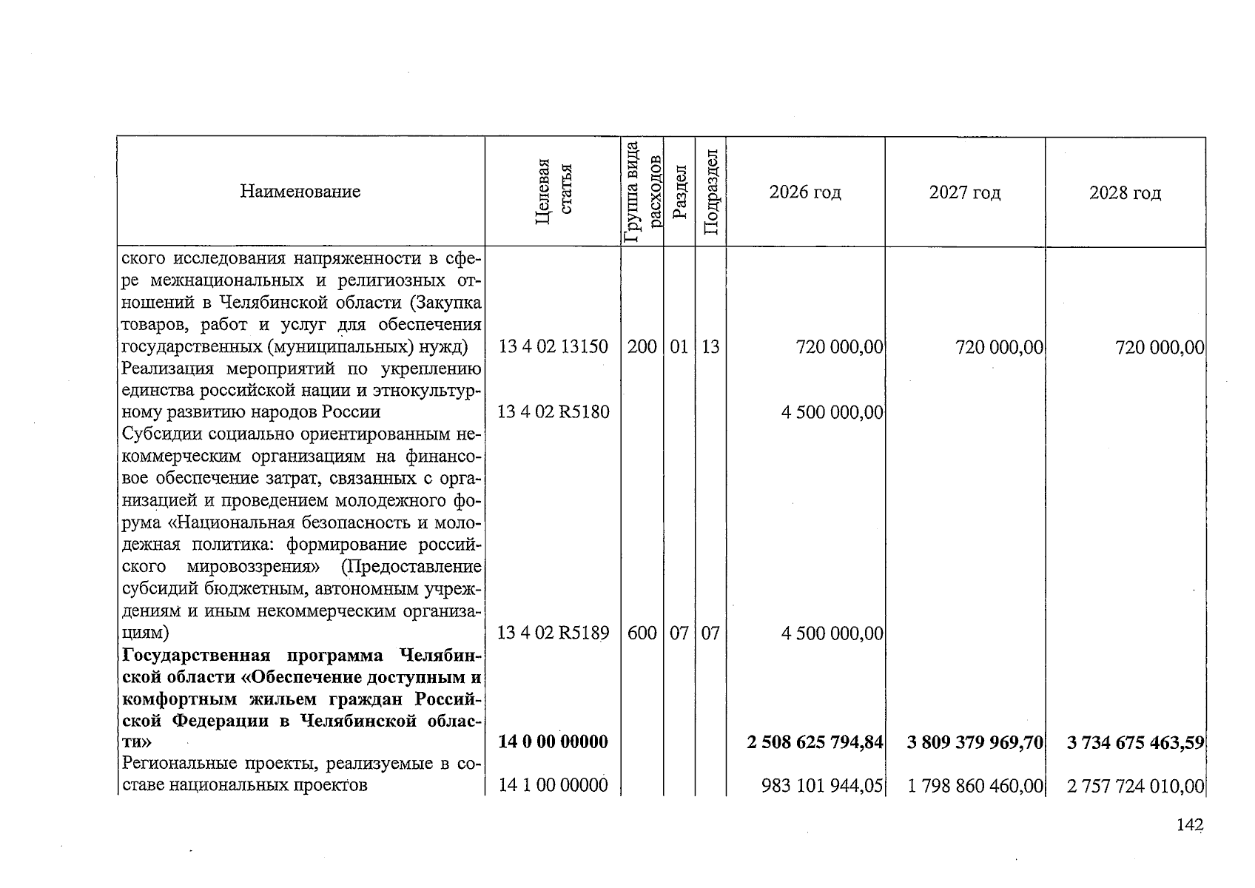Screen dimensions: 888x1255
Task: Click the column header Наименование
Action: pyautogui.click(x=300, y=192)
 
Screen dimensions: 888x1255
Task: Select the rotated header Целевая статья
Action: pyautogui.click(x=554, y=191)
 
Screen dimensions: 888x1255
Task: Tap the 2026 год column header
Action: pyautogui.click(x=805, y=192)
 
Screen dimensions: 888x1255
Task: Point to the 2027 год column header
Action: pyautogui.click(x=965, y=192)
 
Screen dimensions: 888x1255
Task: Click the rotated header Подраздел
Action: pyautogui.click(x=710, y=191)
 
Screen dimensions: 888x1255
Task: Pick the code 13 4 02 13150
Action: pyautogui.click(x=554, y=346)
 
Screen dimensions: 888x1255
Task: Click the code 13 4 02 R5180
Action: pyautogui.click(x=554, y=411)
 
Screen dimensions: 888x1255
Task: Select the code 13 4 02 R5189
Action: pyautogui.click(x=554, y=633)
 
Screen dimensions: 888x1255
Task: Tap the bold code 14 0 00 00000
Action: pyautogui.click(x=554, y=741)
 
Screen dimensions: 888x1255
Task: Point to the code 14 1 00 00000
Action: pyautogui.click(x=554, y=785)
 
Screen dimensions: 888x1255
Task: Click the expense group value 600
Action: pyautogui.click(x=642, y=633)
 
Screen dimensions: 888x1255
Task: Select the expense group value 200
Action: pyautogui.click(x=642, y=346)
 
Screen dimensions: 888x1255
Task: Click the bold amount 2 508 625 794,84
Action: pyautogui.click(x=815, y=741)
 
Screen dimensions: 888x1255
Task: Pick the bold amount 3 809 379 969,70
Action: pyautogui.click(x=975, y=741)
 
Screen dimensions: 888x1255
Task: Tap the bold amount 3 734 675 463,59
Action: pyautogui.click(x=1135, y=741)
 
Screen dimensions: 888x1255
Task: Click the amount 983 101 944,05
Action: pyautogui.click(x=822, y=785)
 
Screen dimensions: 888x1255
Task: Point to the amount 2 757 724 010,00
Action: pyautogui.click(x=1135, y=785)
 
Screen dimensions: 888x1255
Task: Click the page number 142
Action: pyautogui.click(x=1190, y=825)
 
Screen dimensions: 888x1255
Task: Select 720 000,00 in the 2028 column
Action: pyautogui.click(x=1159, y=347)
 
